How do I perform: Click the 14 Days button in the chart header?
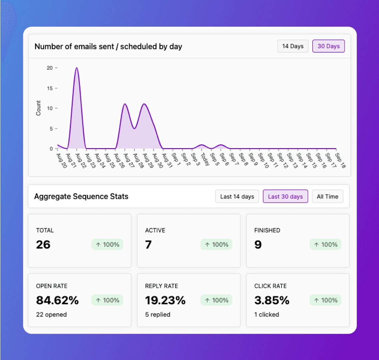coord(293,46)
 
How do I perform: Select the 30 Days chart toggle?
coord(329,46)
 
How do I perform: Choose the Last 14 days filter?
coord(237,197)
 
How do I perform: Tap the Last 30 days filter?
coord(286,197)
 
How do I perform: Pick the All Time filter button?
coord(328,197)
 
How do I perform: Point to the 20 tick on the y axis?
coord(50,68)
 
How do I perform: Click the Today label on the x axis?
coord(205,159)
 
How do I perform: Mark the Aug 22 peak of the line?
coord(77,68)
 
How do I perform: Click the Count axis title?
coord(38,108)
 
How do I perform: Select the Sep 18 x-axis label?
coord(340,160)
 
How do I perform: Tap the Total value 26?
coord(43,245)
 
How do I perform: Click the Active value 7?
coord(148,245)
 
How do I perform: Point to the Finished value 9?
coord(258,245)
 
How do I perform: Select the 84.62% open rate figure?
coord(57,300)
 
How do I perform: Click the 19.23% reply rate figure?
coord(165,300)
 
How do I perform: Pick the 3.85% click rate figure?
coord(272,300)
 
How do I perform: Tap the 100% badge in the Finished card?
coord(325,245)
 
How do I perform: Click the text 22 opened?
coord(51,314)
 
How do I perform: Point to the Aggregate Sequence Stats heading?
coord(81,197)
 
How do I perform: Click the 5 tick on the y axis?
coord(51,129)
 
